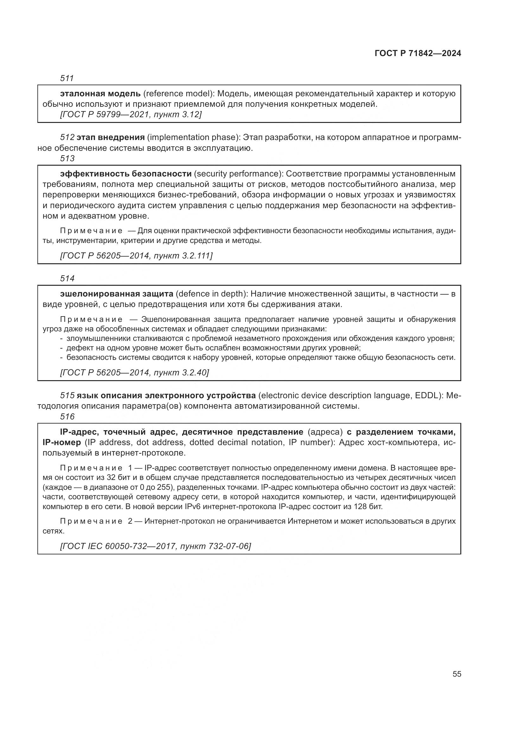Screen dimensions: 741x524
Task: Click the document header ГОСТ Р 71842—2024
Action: click(418, 54)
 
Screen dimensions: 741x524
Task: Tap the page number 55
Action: click(457, 674)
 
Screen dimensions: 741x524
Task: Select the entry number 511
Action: click(67, 78)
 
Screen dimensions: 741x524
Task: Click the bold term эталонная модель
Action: click(100, 94)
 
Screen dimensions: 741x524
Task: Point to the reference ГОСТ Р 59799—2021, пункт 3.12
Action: click(131, 114)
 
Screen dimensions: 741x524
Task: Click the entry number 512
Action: click(67, 137)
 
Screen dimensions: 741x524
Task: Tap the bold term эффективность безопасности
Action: click(126, 174)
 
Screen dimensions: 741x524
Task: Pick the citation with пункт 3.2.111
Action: click(136, 256)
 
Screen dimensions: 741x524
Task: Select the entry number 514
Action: click(67, 278)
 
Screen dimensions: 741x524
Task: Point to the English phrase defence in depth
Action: click(211, 294)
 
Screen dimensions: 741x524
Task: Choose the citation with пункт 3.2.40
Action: click(135, 373)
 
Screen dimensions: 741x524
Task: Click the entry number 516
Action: click(67, 417)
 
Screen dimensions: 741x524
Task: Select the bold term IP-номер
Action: click(62, 442)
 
